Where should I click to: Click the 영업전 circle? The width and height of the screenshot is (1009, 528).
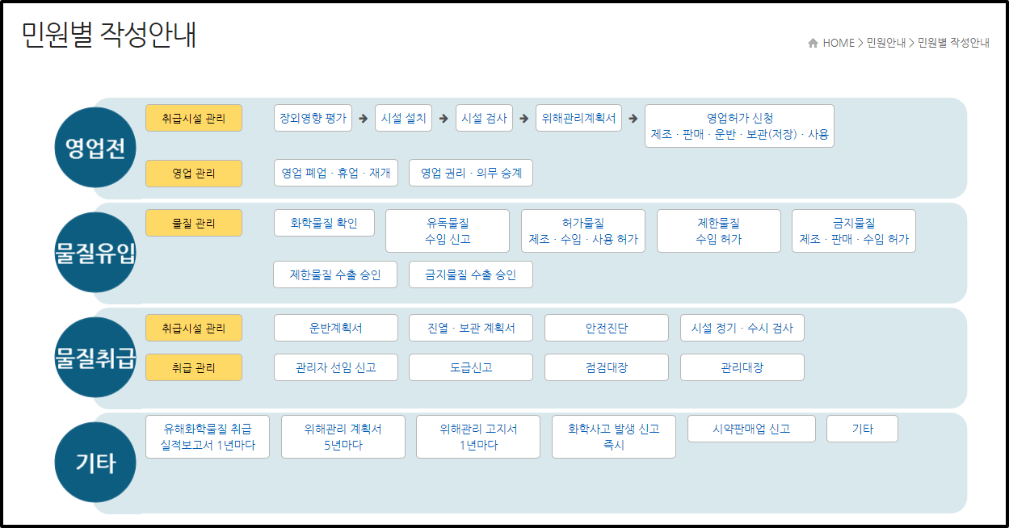[95, 148]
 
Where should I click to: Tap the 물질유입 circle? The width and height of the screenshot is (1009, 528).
[95, 253]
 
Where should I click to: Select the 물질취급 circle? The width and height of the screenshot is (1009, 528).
[95, 358]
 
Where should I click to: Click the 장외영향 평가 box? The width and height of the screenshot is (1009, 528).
[313, 118]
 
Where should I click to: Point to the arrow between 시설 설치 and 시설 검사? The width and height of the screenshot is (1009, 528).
[444, 118]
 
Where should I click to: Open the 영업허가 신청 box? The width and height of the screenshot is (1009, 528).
[739, 126]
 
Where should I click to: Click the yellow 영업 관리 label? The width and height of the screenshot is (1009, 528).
[194, 173]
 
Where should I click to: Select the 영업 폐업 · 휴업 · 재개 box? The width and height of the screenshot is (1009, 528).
[336, 173]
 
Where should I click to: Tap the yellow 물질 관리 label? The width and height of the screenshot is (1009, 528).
[194, 223]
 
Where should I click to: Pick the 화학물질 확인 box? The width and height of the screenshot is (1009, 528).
[324, 223]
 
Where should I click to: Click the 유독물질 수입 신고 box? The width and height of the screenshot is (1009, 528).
[448, 231]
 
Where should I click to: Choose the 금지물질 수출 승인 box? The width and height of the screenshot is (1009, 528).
[470, 274]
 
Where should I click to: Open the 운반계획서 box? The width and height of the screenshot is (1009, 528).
[336, 328]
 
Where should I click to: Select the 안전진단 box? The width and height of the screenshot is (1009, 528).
[607, 328]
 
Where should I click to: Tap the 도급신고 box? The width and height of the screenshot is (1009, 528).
[471, 367]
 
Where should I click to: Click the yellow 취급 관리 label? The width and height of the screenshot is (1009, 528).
[194, 367]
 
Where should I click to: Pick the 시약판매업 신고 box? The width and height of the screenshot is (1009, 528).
[751, 429]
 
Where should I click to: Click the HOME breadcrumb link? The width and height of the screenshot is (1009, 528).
[838, 43]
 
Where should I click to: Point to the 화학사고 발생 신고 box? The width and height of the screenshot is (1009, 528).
[613, 437]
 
